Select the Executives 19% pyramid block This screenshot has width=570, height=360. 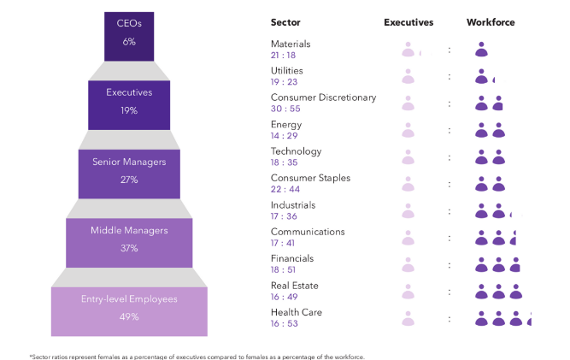pos(128,101)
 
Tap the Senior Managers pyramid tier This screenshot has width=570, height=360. pos(129,169)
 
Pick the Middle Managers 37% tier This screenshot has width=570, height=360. pos(129,239)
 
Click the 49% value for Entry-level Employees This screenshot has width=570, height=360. pos(129,317)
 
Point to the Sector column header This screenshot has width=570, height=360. pos(285,22)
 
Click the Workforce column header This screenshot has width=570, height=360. pos(491,22)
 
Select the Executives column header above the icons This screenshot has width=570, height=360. pos(408,22)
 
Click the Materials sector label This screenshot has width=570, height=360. pos(291,44)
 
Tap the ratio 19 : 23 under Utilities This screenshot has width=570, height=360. pos(283,82)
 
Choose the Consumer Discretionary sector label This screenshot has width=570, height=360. pos(323,97)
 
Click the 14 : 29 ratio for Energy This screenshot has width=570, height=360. pos(283,136)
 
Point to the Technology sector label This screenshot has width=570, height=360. pos(296,151)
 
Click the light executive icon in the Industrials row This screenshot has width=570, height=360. pos(408,210)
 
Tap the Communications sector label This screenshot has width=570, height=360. pos(308,232)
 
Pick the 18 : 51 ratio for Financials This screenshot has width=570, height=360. pos(283,269)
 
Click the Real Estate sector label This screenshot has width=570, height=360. pos(293,286)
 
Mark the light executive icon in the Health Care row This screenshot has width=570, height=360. pos(408,317)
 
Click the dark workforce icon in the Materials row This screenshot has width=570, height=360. pos(481,50)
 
